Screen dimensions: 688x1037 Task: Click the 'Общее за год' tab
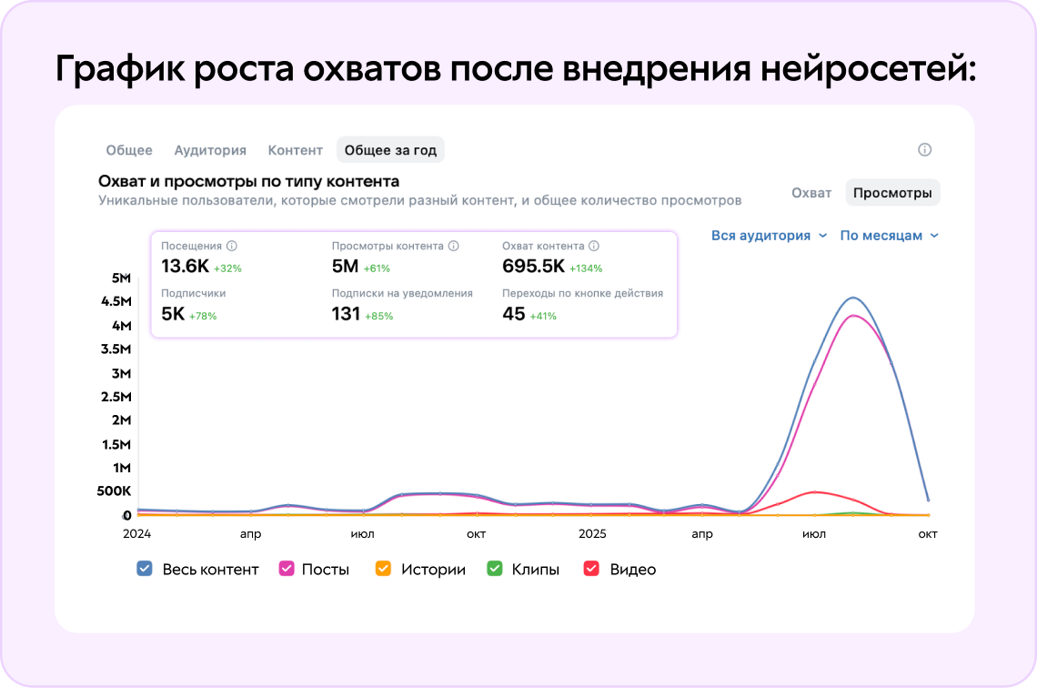point(390,150)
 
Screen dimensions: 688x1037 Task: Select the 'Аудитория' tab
point(210,150)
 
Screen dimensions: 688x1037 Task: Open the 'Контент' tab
point(295,150)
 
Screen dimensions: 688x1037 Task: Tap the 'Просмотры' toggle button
point(892,193)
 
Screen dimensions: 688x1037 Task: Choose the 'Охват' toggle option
point(811,193)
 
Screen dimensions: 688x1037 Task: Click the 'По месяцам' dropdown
point(889,236)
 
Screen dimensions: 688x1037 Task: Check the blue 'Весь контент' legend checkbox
point(144,569)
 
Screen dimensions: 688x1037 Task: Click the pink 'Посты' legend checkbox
point(286,569)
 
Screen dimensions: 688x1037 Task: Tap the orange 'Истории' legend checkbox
point(383,569)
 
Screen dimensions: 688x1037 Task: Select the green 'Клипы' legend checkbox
point(495,569)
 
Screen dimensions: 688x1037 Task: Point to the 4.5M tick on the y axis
point(116,301)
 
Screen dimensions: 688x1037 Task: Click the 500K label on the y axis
point(114,491)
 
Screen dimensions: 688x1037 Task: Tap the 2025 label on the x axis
point(592,534)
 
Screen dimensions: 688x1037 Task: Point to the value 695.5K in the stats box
point(533,266)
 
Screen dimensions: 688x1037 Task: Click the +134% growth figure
point(586,268)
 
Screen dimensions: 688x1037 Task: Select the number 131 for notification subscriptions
point(346,314)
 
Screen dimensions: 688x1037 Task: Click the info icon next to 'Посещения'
point(232,246)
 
